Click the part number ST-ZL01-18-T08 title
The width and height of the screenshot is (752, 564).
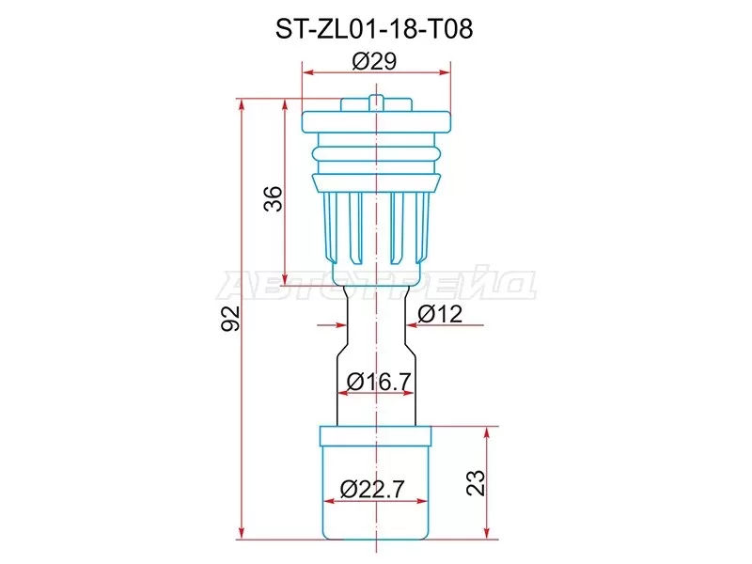click(375, 29)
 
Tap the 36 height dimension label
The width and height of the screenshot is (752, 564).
click(272, 198)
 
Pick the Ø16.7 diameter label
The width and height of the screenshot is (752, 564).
click(375, 382)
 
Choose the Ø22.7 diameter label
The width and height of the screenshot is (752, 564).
click(375, 489)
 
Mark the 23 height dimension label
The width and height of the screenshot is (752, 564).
click(477, 482)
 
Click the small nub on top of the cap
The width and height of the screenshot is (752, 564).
click(376, 100)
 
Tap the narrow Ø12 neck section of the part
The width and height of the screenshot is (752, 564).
click(376, 310)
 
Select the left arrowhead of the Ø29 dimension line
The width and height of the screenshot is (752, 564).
click(306, 70)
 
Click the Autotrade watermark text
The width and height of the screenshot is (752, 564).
click(376, 282)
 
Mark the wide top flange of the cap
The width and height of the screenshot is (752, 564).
click(376, 123)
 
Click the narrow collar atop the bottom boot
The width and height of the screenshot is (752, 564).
click(376, 435)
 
